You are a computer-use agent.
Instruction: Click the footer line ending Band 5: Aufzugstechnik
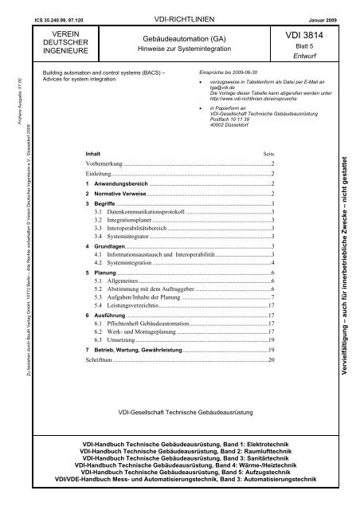[x=180, y=472]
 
